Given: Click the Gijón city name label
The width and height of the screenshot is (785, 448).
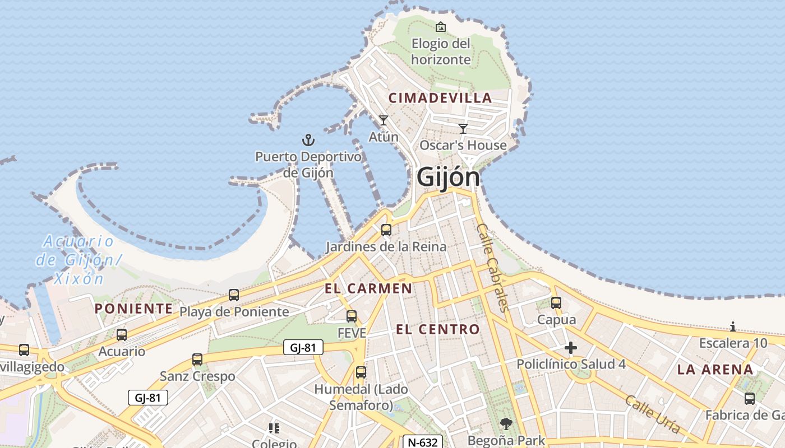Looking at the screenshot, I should click(x=448, y=178).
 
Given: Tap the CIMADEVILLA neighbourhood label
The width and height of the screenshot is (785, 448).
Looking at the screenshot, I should click(x=440, y=98).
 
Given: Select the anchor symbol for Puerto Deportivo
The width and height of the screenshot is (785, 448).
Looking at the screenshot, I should click(x=308, y=139).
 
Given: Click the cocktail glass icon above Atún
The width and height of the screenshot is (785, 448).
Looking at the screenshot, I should click(x=384, y=120).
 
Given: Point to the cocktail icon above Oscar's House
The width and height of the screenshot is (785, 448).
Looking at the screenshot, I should click(x=463, y=128).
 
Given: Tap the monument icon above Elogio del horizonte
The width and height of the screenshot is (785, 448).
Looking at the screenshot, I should click(x=441, y=26).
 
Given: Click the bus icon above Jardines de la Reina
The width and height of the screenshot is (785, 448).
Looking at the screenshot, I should click(x=386, y=230).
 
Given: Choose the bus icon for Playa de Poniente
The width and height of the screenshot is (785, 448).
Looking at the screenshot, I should click(x=234, y=295).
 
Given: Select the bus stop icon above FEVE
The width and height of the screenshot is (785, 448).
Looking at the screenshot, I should click(x=352, y=316).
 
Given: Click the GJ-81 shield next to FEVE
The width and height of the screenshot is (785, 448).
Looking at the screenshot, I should click(x=303, y=348).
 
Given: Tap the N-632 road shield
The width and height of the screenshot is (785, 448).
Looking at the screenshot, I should click(x=422, y=442).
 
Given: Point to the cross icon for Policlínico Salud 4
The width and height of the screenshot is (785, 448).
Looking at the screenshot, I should click(x=571, y=348).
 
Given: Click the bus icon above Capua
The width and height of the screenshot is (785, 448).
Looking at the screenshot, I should click(x=556, y=302).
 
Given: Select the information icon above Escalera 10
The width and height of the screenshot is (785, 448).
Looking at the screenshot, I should click(x=733, y=326).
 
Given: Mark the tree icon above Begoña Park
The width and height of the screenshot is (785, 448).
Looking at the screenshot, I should click(x=506, y=424).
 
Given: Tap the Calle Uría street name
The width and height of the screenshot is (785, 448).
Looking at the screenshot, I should click(x=652, y=414).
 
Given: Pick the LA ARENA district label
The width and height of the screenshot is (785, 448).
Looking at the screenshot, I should click(x=715, y=370).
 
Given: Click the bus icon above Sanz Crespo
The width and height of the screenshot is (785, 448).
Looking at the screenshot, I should click(x=197, y=359).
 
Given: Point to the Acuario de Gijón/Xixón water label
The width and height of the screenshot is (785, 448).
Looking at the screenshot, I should click(x=78, y=260).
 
